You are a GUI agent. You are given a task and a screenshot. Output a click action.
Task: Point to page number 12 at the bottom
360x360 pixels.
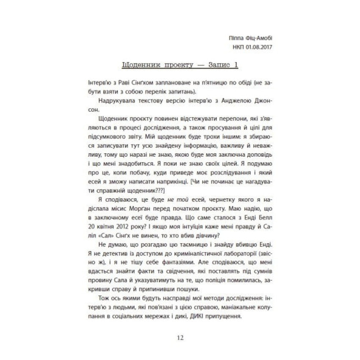180,338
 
